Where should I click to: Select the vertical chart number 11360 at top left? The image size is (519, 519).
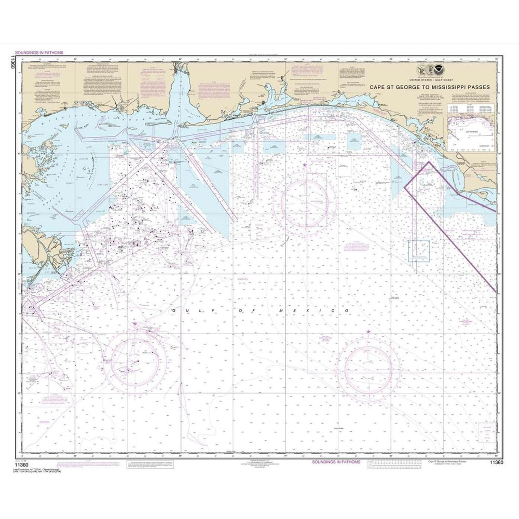pyautogui.click(x=11, y=65)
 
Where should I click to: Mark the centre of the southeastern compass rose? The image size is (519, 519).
pyautogui.click(x=368, y=367)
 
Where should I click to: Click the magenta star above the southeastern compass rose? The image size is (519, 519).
pyautogui.click(x=368, y=331)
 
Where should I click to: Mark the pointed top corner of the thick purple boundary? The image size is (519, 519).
pyautogui.click(x=429, y=162)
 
